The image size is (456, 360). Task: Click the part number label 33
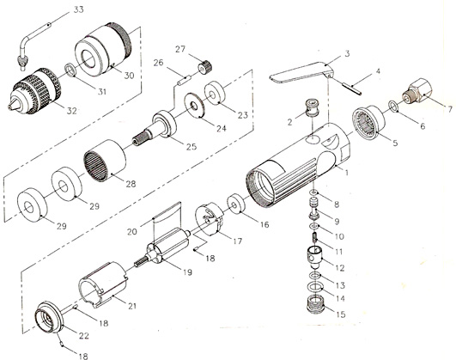click(78, 9)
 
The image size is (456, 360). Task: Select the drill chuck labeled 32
click(34, 91)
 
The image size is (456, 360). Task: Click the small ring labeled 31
click(70, 70)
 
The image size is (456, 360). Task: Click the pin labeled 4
click(351, 88)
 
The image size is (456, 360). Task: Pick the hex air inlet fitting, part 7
click(416, 90)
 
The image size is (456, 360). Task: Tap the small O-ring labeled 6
click(392, 107)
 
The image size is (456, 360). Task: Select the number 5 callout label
click(395, 143)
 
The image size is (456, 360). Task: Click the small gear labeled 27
click(205, 67)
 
